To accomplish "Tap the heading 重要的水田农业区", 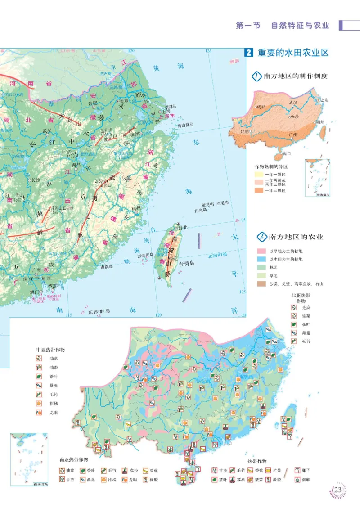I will click(293, 53).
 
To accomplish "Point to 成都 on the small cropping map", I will click(261, 107).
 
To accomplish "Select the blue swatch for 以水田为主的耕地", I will click(261, 260).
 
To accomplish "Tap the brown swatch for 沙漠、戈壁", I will click(261, 283).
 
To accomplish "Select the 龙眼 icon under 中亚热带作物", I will click(40, 413).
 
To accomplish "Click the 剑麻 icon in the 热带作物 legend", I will click(297, 480).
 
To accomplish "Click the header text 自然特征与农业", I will click(300, 26).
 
